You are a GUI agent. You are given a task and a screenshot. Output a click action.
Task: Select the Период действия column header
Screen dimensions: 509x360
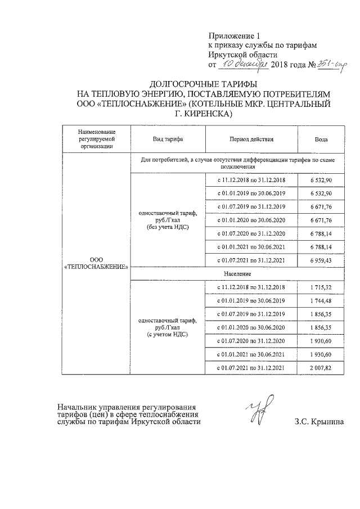(x=251, y=139)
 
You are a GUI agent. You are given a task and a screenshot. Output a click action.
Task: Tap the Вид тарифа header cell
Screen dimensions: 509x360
(x=168, y=139)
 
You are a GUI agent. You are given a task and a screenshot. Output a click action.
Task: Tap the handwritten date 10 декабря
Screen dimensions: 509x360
(x=239, y=64)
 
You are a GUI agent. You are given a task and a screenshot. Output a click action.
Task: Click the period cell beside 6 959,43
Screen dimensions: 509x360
(x=251, y=260)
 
